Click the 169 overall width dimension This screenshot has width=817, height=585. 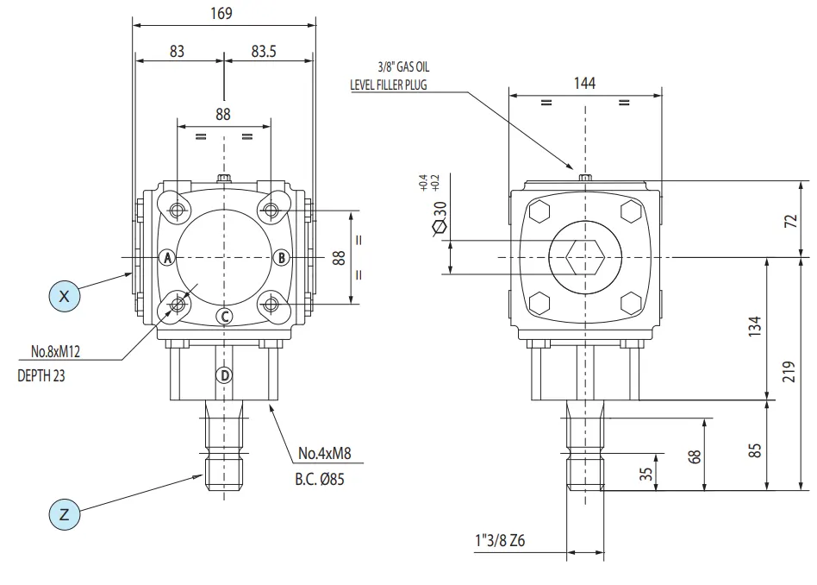tap(223, 13)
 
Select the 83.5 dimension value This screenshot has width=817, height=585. tap(264, 52)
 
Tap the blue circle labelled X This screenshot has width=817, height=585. tap(63, 295)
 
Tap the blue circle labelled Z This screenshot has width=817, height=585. tap(63, 515)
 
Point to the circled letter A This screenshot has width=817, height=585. tap(168, 257)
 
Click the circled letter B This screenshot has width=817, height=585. tap(280, 257)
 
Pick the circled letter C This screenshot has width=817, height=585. tap(224, 316)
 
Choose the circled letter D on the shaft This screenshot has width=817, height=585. tap(224, 375)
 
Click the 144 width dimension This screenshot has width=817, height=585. tap(585, 83)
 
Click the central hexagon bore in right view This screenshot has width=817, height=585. tap(586, 257)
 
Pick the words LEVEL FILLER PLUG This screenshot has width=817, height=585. tap(388, 85)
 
